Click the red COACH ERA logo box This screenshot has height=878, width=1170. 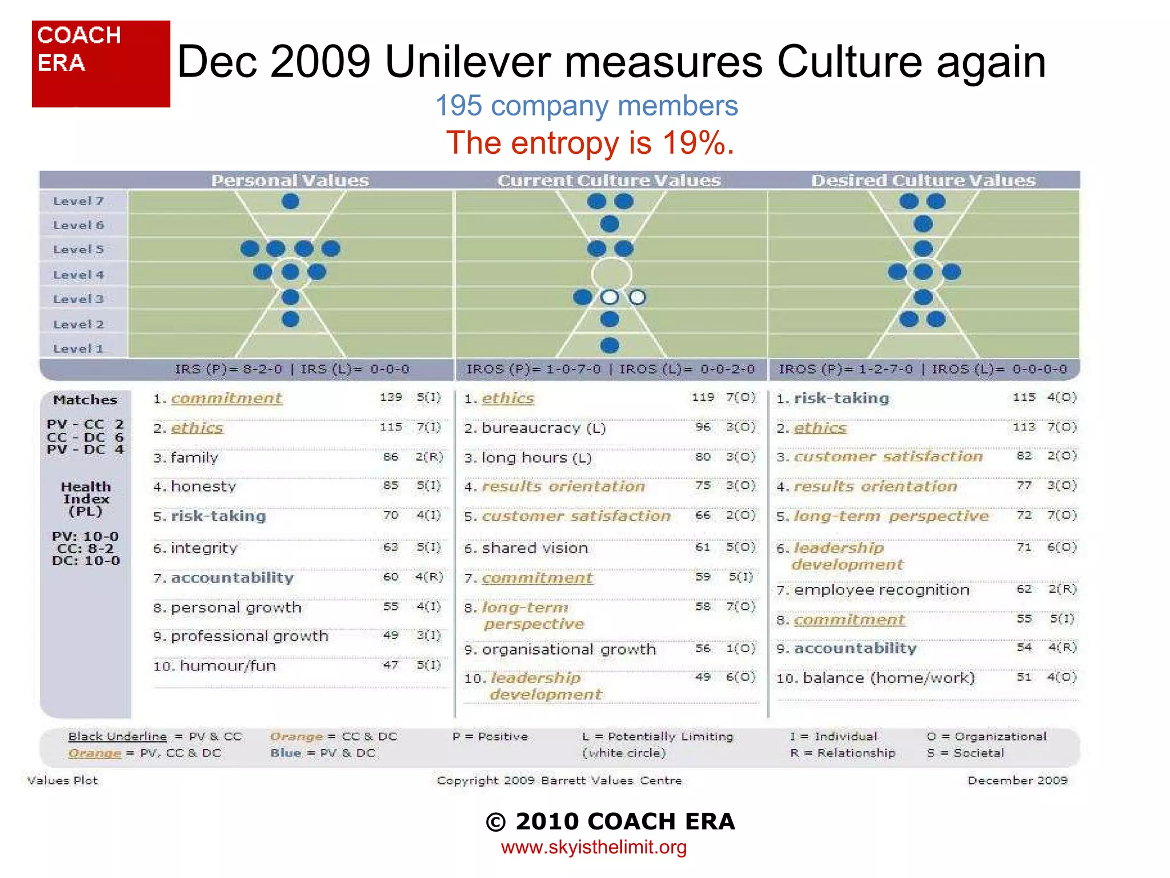101,64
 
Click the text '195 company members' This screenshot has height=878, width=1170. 587,106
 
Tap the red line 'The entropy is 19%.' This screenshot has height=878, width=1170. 590,143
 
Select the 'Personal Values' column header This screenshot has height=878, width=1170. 290,181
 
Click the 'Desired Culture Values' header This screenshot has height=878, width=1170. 923,181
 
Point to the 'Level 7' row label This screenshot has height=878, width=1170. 78,201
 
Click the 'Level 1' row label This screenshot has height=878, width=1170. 78,349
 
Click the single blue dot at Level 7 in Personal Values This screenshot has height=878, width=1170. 290,201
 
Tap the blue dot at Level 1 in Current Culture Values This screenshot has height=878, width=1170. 610,345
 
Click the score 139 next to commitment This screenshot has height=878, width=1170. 391,397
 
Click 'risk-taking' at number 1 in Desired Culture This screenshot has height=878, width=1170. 841,398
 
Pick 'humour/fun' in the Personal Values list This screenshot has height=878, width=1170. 227,666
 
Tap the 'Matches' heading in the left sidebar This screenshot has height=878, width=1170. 85,400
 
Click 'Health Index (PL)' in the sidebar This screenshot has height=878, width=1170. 86,499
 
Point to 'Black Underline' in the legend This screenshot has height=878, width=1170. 117,737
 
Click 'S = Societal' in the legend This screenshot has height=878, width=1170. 965,753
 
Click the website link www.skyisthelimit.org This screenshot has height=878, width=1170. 594,847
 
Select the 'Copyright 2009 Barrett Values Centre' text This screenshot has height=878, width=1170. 559,781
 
